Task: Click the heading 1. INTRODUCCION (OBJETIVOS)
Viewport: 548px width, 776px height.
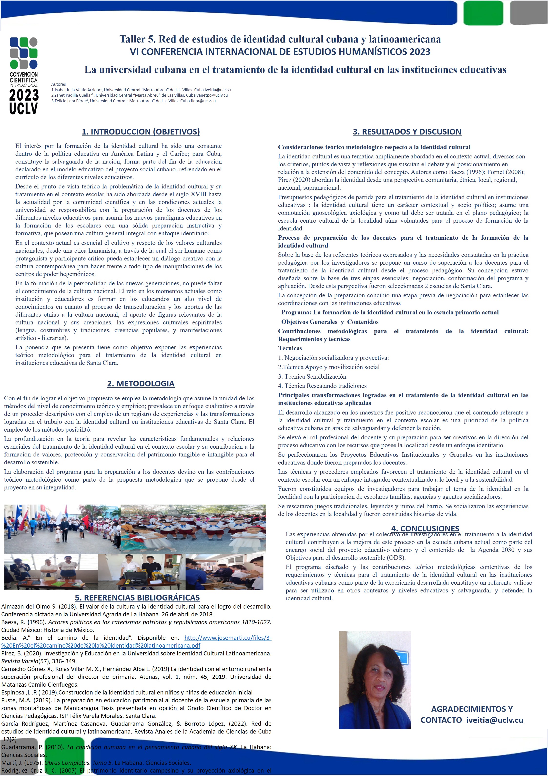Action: (141, 132)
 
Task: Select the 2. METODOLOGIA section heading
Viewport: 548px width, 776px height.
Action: (141, 384)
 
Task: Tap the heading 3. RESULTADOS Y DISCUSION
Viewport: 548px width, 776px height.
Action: (407, 132)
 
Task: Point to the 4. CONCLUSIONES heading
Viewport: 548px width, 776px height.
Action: (425, 528)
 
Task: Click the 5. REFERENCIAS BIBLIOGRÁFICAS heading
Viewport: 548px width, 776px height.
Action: (137, 598)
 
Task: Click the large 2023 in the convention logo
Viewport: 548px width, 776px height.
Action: (24, 95)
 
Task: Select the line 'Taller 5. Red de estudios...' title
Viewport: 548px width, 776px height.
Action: (280, 39)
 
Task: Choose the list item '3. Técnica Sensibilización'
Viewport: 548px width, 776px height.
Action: (312, 376)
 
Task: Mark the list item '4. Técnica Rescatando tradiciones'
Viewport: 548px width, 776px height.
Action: (322, 386)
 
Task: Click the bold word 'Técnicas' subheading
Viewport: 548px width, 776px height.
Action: (290, 348)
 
